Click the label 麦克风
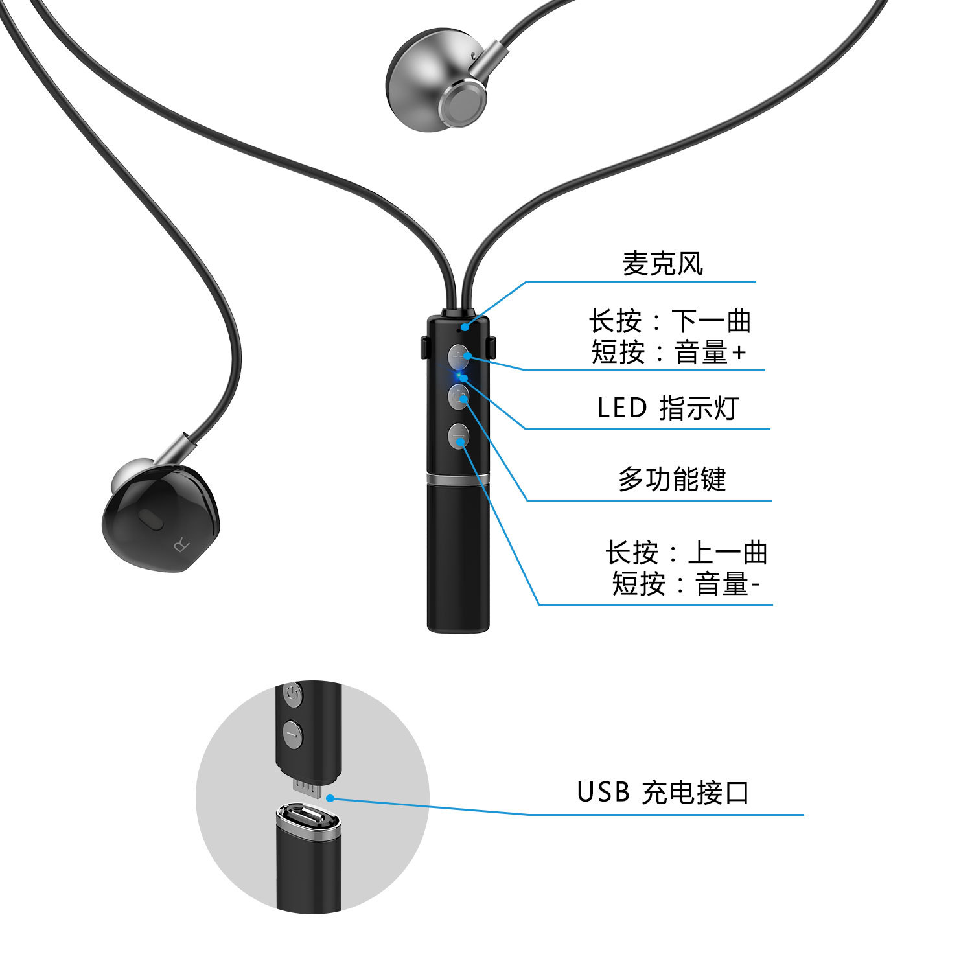pyautogui.click(x=662, y=264)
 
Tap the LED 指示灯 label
pyautogui.click(x=667, y=408)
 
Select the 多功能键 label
pyautogui.click(x=672, y=480)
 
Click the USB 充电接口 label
pyautogui.click(x=663, y=792)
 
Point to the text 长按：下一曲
pyautogui.click(x=669, y=321)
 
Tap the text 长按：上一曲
pyautogui.click(x=686, y=553)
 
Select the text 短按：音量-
pyautogui.click(x=686, y=584)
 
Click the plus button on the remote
pyautogui.click(x=459, y=356)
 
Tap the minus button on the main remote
pyautogui.click(x=459, y=437)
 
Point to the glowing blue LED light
pyautogui.click(x=461, y=376)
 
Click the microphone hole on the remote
pyautogui.click(x=463, y=328)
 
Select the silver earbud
pyautogui.click(x=435, y=81)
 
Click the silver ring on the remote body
pyautogui.click(x=458, y=479)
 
